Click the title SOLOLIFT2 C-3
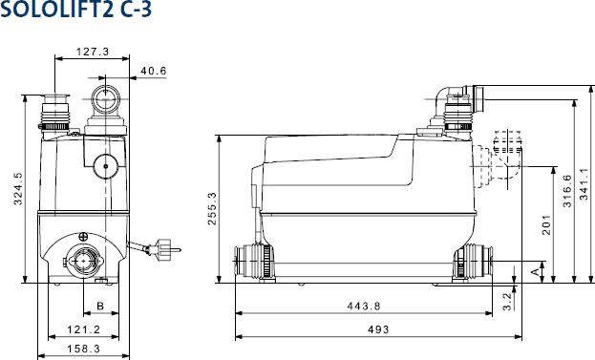tap(75, 12)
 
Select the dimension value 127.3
tap(93, 52)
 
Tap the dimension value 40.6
tap(154, 71)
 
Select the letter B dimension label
tap(99, 307)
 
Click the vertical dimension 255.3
tap(212, 209)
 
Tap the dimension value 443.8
tap(363, 307)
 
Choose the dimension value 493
tap(378, 329)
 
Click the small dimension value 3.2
tap(506, 300)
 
